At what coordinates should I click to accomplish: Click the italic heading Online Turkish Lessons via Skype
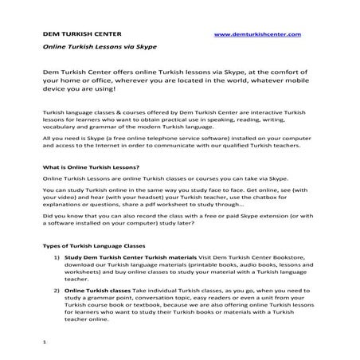point(93,48)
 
